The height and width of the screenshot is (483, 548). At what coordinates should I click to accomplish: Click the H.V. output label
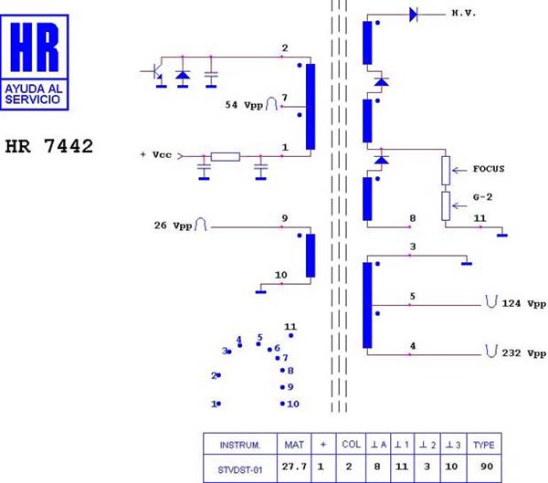click(464, 14)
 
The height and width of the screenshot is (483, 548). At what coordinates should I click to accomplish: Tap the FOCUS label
click(489, 169)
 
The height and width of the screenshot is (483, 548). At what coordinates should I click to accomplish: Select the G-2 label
click(482, 197)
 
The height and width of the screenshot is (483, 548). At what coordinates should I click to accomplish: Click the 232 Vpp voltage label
click(524, 353)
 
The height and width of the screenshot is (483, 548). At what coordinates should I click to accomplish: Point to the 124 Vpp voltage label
click(524, 303)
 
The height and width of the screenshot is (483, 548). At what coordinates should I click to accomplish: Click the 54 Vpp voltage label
click(244, 105)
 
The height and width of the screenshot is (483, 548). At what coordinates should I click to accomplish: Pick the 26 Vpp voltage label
click(173, 226)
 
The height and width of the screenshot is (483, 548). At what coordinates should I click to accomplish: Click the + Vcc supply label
click(156, 154)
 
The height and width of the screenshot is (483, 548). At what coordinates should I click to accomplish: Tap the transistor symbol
click(155, 73)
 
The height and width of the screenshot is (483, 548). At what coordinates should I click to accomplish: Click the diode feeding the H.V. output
click(414, 15)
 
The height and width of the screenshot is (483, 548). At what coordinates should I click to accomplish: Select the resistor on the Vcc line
click(226, 156)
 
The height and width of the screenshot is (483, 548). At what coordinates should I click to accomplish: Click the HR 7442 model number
click(49, 146)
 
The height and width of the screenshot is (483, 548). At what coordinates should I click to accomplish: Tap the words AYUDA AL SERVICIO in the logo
click(34, 94)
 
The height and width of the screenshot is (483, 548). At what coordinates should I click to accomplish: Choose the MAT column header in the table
click(294, 445)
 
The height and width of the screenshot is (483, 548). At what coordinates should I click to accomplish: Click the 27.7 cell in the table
click(294, 467)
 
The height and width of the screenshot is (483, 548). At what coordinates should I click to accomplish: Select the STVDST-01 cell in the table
click(239, 469)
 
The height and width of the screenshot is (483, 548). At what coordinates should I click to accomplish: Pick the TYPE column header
click(484, 445)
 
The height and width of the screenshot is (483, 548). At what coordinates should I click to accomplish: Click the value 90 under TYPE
click(487, 467)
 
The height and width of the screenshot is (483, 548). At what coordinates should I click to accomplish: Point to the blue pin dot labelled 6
click(269, 350)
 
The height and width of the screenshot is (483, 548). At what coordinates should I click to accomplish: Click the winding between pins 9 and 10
click(311, 256)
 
